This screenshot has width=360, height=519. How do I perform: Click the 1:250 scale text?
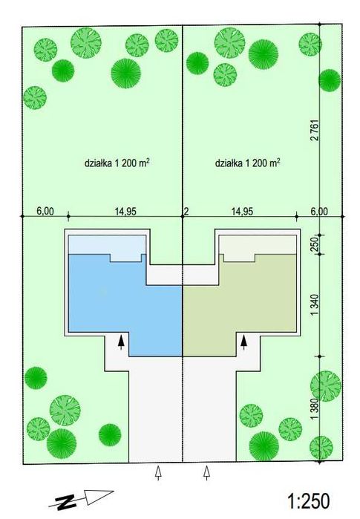[x=308, y=500]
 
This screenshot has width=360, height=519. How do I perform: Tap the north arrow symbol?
[x=81, y=499]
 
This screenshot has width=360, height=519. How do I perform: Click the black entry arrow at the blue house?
[x=122, y=342]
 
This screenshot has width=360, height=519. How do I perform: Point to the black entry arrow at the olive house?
[x=244, y=342]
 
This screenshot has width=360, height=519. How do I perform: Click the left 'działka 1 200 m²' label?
[x=117, y=163]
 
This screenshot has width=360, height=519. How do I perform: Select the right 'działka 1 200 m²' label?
[x=247, y=163]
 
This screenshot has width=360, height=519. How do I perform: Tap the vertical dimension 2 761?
[x=315, y=130]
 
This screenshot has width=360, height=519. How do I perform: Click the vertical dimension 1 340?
[x=315, y=305]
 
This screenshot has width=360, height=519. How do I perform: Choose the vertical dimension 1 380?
[x=315, y=408]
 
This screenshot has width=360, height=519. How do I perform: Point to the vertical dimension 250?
[x=315, y=244]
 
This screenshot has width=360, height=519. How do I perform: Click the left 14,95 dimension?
[x=125, y=211]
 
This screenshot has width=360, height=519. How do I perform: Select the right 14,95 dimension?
[x=242, y=211]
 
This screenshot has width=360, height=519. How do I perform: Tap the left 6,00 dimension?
[x=45, y=211]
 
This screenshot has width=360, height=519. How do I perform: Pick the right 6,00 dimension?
[x=319, y=211]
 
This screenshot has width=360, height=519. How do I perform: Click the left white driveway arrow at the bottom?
[x=159, y=472]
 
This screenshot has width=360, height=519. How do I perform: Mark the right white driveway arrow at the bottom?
[x=207, y=472]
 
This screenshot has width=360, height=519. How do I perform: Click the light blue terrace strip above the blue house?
[x=107, y=246]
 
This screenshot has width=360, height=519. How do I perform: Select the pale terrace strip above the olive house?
[x=258, y=246]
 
